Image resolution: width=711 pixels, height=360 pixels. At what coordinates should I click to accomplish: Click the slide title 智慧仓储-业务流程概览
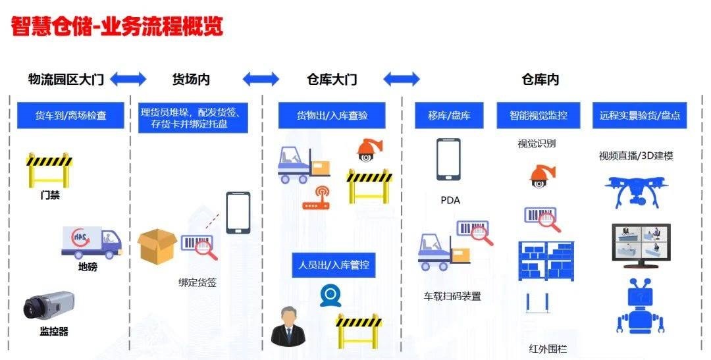coord(117,26)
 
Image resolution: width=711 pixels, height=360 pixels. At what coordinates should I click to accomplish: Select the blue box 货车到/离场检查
coord(70,116)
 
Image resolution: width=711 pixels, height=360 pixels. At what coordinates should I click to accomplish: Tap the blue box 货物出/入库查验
coord(332,116)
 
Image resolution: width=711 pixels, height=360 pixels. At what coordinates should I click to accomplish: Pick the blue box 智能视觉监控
coord(538,116)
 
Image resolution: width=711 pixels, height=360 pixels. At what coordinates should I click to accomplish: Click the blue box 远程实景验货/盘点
coord(639,116)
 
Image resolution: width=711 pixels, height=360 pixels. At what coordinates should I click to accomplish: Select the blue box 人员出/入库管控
coord(333,265)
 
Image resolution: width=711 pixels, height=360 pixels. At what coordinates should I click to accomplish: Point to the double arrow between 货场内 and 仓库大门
coord(261,80)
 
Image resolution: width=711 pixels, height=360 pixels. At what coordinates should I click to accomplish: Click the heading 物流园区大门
coord(66,80)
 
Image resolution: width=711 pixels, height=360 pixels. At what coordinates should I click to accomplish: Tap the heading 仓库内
coord(540,80)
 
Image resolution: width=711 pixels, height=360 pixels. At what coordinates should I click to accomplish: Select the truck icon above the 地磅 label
coord(92,242)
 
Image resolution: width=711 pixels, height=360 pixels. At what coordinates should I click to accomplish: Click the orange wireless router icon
coord(317,199)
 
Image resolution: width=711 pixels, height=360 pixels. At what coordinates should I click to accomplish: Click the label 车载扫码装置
coord(452,296)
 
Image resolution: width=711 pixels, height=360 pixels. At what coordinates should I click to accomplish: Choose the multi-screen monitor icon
coord(641,245)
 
